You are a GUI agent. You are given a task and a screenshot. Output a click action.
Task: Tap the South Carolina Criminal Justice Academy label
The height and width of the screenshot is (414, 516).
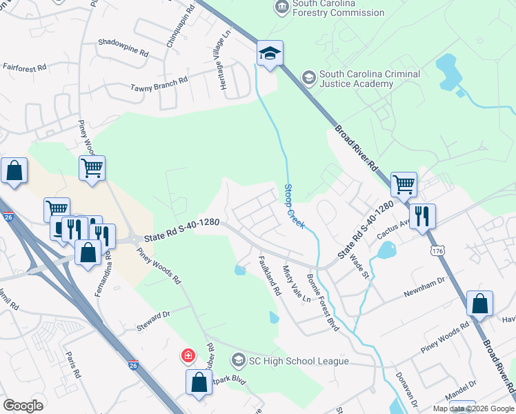tap(356, 79)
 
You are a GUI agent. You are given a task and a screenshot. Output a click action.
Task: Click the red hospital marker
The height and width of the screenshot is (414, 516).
tap(187, 356)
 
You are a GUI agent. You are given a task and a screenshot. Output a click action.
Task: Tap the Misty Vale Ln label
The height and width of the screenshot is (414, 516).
tap(297, 284)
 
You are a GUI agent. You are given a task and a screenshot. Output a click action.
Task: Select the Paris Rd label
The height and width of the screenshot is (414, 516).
tap(73, 364)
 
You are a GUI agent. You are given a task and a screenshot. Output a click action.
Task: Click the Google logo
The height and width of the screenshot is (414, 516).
tap(23, 406)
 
